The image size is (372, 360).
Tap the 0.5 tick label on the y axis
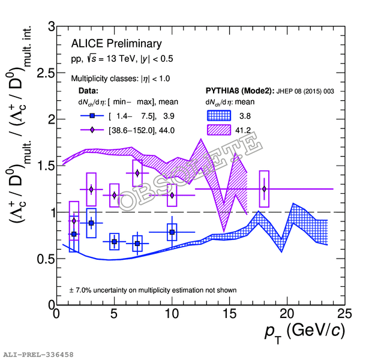[x=43, y=259]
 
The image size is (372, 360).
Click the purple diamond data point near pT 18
[x=264, y=189]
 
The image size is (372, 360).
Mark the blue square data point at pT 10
[x=172, y=232]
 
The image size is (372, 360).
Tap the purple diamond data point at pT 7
[x=137, y=173]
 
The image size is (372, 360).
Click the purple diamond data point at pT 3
[x=91, y=190]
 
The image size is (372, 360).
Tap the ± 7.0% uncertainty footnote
[x=153, y=290]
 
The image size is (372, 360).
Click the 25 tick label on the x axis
[x=344, y=314]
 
